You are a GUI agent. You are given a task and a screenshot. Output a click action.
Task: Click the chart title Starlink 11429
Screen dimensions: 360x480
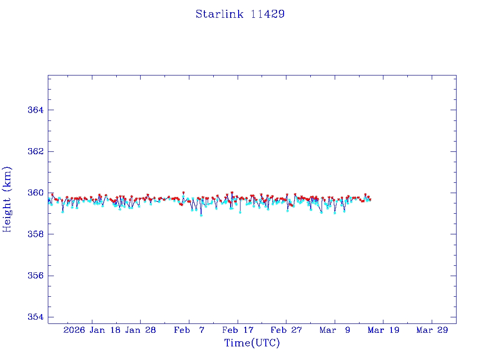pyautogui.click(x=240, y=14)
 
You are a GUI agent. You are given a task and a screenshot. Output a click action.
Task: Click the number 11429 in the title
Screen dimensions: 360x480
pyautogui.click(x=268, y=14)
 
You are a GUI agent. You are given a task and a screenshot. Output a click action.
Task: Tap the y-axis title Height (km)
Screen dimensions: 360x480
pyautogui.click(x=7, y=199)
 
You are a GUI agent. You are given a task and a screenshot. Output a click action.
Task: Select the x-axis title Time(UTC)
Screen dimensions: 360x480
pyautogui.click(x=252, y=343)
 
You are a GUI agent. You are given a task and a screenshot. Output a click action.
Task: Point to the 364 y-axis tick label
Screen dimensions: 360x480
pyautogui.click(x=35, y=110)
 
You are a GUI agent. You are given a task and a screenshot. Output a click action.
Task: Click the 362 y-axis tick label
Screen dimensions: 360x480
pyautogui.click(x=35, y=151)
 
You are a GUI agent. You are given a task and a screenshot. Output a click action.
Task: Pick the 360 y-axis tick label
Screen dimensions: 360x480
pyautogui.click(x=35, y=193)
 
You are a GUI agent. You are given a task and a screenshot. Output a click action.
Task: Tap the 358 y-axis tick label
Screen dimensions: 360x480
pyautogui.click(x=35, y=234)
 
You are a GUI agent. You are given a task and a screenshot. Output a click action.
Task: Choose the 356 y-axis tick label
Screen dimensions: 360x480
pyautogui.click(x=35, y=276)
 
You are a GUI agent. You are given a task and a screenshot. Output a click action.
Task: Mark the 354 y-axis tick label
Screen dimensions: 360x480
pyautogui.click(x=35, y=317)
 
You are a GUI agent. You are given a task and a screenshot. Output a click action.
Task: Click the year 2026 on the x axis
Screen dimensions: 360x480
pyautogui.click(x=74, y=330)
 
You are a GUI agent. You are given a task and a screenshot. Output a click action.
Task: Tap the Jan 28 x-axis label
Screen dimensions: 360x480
pyautogui.click(x=140, y=330)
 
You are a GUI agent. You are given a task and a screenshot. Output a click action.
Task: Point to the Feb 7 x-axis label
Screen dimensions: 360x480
pyautogui.click(x=189, y=330)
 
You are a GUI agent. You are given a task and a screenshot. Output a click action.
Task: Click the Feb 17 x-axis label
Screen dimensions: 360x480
pyautogui.click(x=238, y=330)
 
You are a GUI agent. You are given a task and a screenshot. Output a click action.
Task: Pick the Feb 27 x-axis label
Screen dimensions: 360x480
pyautogui.click(x=286, y=330)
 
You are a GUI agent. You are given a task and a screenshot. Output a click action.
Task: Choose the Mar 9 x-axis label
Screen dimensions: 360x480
pyautogui.click(x=335, y=330)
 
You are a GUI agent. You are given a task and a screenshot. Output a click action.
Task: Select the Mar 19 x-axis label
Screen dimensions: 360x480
pyautogui.click(x=383, y=330)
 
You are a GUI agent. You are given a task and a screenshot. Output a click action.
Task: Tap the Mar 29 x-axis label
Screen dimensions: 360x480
pyautogui.click(x=432, y=330)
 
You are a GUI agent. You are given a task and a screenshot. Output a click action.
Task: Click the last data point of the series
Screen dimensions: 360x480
pyautogui.click(x=370, y=200)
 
